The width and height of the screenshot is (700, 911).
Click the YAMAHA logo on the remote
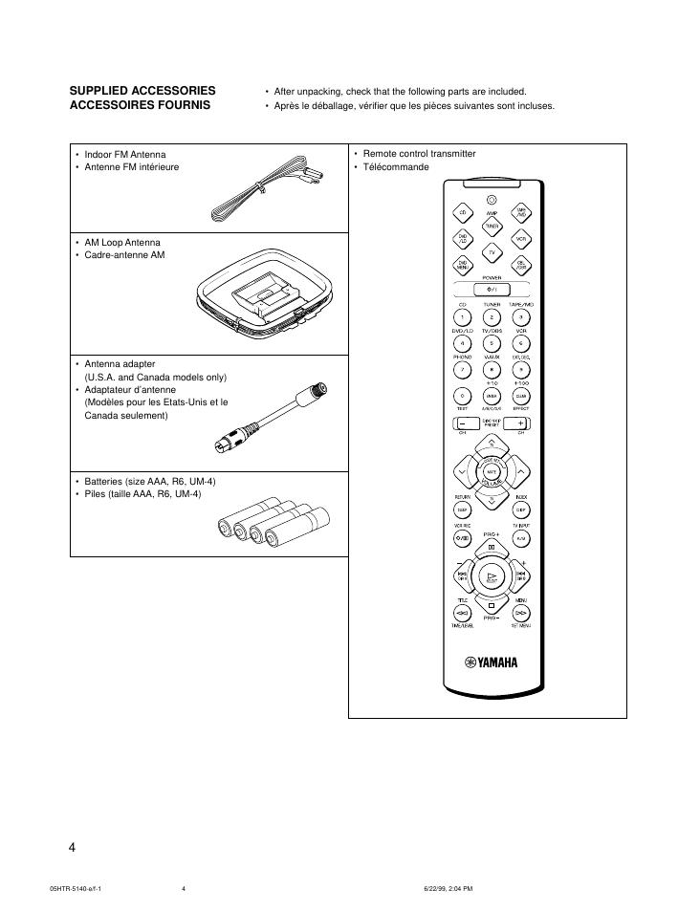pyautogui.click(x=491, y=662)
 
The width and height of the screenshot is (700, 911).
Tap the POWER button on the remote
pyautogui.click(x=491, y=289)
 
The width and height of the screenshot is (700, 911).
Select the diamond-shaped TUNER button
pyautogui.click(x=491, y=226)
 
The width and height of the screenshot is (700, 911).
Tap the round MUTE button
pyautogui.click(x=492, y=472)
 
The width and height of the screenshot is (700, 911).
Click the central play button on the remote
pyautogui.click(x=492, y=576)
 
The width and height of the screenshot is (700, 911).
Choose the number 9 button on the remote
pyautogui.click(x=521, y=369)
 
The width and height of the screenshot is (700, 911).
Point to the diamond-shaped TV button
pyautogui.click(x=491, y=251)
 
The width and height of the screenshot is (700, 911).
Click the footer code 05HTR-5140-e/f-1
pyautogui.click(x=76, y=888)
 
